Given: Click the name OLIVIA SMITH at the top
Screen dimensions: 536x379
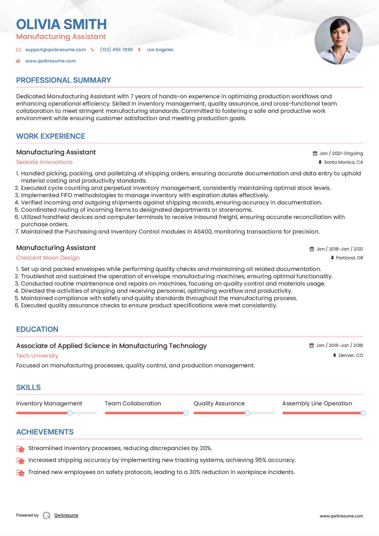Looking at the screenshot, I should click(61, 24).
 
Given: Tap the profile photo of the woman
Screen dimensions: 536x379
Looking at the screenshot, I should click(339, 40).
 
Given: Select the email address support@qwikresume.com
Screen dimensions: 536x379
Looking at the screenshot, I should click(55, 50).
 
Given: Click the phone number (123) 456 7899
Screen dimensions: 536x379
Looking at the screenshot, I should click(116, 50).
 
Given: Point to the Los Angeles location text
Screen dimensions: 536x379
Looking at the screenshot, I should click(160, 50).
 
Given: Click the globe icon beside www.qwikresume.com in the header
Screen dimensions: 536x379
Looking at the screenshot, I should click(18, 61).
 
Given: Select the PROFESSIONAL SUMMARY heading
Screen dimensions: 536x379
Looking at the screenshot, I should click(64, 80).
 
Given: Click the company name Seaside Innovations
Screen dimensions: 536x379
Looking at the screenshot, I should click(44, 162).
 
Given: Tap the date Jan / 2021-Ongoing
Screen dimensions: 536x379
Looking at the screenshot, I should click(341, 154).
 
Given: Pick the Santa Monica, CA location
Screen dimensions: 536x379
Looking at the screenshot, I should click(343, 162).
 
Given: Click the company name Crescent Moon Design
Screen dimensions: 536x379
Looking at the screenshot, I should click(48, 258).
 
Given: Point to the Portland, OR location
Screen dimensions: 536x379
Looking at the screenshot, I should click(349, 258).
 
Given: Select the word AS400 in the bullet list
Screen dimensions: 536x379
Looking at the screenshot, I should click(203, 232).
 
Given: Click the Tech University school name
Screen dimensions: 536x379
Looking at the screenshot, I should click(37, 356).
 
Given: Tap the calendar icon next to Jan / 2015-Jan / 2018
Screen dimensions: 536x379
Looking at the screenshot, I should click(312, 346).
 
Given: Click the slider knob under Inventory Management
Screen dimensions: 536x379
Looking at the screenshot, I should click(70, 413).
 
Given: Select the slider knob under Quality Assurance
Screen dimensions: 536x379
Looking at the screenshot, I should click(247, 413).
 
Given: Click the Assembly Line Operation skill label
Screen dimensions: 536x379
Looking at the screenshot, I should click(317, 403).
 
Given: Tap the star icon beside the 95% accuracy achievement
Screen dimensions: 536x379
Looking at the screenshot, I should click(20, 461).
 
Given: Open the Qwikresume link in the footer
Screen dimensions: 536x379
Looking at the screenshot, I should click(66, 515).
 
